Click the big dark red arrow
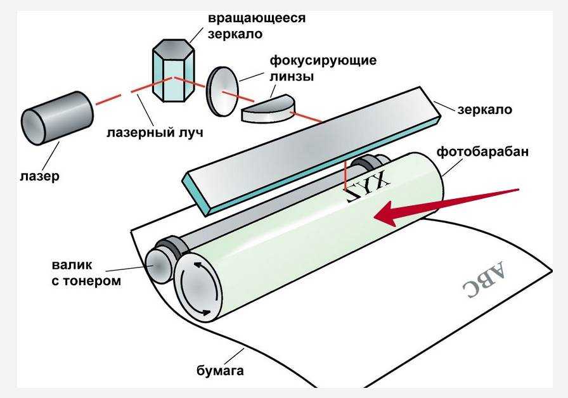pos(444,204)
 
